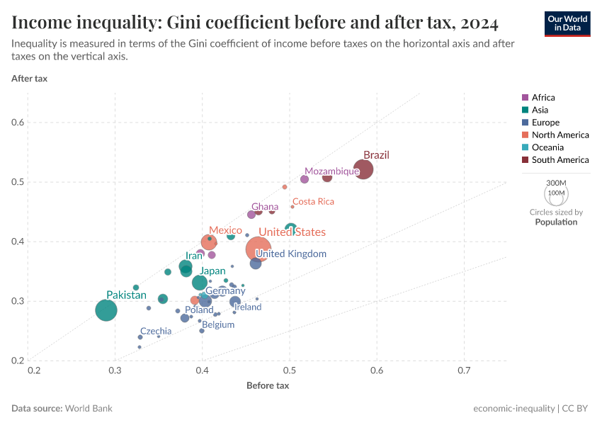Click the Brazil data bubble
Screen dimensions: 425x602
tap(363, 170)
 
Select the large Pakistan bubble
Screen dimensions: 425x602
tap(106, 310)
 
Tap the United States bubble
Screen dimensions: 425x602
tap(258, 249)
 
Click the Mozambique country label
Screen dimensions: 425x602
tap(331, 171)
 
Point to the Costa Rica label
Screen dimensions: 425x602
tap(313, 202)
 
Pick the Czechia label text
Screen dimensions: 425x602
tap(156, 331)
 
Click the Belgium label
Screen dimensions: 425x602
tap(218, 325)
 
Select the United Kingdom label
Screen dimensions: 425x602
tap(291, 254)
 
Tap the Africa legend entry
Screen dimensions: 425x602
tap(543, 97)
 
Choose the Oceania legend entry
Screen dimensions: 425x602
tap(547, 147)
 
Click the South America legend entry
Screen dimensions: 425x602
tap(560, 160)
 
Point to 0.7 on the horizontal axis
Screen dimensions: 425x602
tap(464, 370)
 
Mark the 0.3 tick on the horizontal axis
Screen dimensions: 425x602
tap(115, 370)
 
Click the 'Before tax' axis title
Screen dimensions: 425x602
tap(268, 385)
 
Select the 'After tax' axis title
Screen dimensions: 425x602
tap(30, 78)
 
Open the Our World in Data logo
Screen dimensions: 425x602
tap(567, 23)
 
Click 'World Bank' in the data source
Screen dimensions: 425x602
tap(89, 409)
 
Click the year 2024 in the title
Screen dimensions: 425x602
tap(478, 23)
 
